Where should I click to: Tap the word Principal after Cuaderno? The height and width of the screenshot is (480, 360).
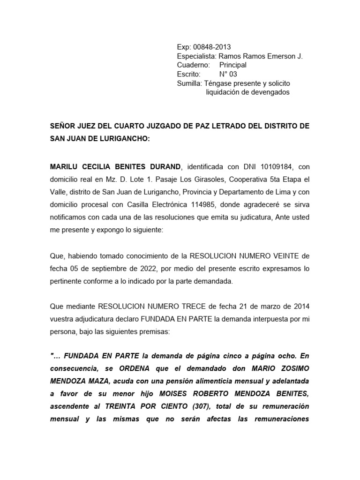click(x=232, y=65)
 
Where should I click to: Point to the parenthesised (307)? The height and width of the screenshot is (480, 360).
click(x=206, y=406)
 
